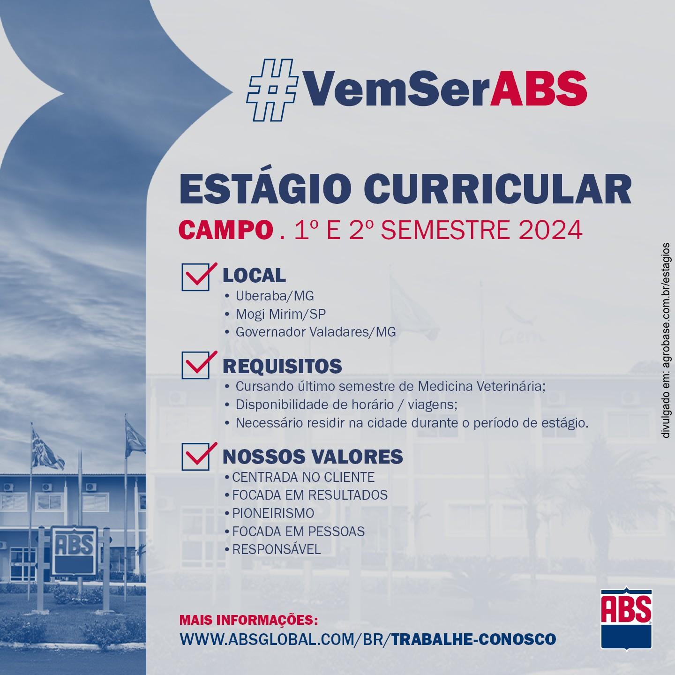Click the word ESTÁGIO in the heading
265,190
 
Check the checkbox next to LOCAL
195,277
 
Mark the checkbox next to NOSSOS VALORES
195,456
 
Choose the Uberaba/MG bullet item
274,296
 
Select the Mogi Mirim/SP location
280,314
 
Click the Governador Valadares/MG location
315,332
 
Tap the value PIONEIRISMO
273,513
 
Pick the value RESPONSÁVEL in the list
276,549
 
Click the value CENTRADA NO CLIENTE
303,477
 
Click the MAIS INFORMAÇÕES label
248,621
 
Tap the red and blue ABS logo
626,615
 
